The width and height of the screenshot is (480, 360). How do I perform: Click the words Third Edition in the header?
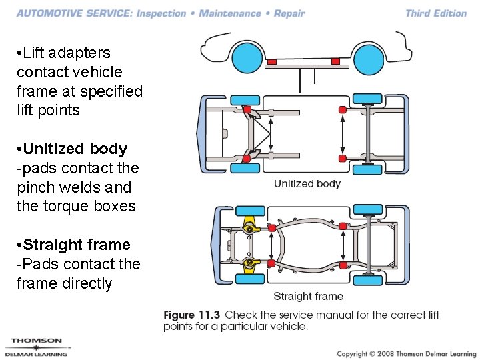pyautogui.click(x=436, y=13)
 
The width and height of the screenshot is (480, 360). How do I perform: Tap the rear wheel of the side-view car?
pyautogui.click(x=367, y=58)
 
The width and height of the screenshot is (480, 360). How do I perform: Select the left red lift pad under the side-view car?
pyautogui.click(x=271, y=63)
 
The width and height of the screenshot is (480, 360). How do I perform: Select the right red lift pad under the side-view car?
pyautogui.click(x=335, y=62)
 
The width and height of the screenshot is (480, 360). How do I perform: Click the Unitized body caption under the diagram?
pyautogui.click(x=307, y=184)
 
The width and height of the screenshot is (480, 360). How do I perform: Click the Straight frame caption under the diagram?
pyautogui.click(x=308, y=296)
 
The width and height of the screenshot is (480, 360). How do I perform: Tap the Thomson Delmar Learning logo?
pyautogui.click(x=37, y=347)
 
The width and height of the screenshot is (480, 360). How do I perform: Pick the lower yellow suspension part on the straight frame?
pyautogui.click(x=249, y=264)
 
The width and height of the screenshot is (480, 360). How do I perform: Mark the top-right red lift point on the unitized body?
pyautogui.click(x=343, y=109)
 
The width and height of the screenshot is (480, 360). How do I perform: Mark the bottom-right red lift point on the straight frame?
pyautogui.click(x=343, y=265)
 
